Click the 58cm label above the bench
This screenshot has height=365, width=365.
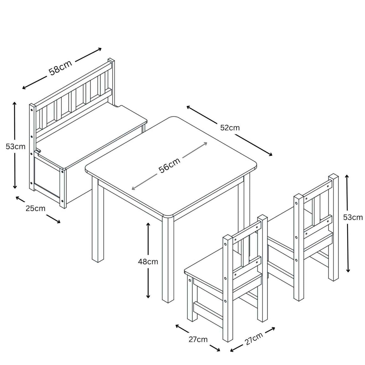60,68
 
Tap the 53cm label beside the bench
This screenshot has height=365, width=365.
15,147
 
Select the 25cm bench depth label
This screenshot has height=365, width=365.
36,208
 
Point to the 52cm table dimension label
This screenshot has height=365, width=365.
230,128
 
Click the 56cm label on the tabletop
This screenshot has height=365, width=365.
169,165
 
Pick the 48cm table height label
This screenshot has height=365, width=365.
148,262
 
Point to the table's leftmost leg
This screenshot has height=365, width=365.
98,219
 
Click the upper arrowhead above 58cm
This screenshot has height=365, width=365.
100,49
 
